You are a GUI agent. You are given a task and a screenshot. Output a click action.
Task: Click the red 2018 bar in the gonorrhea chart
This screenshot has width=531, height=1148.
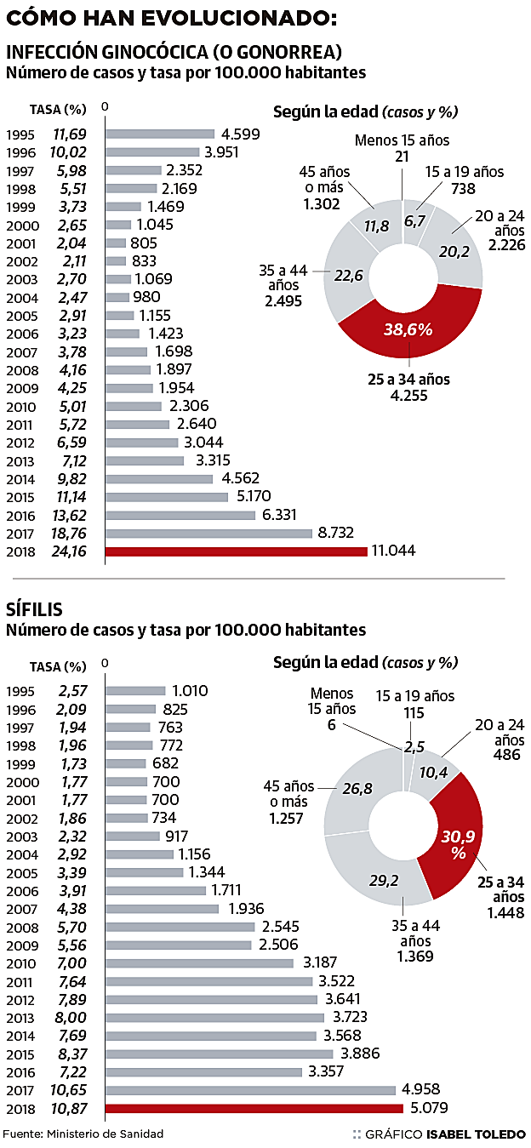(236, 551)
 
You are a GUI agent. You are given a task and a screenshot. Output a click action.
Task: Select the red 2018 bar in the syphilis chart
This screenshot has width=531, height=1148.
(254, 1108)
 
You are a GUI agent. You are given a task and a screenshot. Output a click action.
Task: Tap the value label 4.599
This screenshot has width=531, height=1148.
(240, 134)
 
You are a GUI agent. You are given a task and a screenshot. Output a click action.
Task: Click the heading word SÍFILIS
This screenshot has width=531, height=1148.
(34, 609)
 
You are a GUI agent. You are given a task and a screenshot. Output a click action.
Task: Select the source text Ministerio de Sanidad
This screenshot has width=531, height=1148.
(105, 1134)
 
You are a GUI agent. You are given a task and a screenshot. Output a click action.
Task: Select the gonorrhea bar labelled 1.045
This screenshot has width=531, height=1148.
(118, 225)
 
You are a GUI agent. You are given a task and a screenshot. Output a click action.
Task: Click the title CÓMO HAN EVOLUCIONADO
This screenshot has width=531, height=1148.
(171, 17)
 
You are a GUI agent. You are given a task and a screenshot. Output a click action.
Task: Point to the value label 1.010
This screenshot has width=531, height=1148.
(190, 690)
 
